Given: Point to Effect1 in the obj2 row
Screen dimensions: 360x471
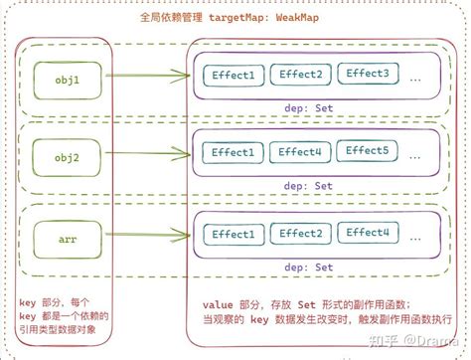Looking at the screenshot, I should (232, 154).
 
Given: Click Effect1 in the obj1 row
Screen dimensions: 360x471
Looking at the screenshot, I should (232, 75).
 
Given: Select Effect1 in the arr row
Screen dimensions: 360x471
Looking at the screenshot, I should (232, 236).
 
